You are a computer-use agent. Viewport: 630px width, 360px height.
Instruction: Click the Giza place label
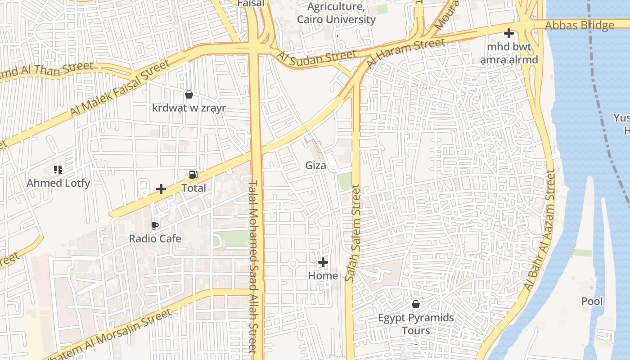[315, 165]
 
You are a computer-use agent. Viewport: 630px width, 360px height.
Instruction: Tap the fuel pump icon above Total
[193, 175]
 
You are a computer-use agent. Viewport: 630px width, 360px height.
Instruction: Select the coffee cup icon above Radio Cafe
[155, 225]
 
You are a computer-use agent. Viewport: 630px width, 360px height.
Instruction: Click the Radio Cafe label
[155, 238]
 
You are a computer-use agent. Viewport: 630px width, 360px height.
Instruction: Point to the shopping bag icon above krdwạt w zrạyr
[189, 94]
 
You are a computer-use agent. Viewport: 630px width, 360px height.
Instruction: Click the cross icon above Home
[323, 262]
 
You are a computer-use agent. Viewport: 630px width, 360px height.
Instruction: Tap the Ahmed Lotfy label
[58, 183]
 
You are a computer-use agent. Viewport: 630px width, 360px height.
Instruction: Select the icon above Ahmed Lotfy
[58, 170]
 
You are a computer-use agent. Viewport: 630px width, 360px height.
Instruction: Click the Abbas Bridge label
[579, 25]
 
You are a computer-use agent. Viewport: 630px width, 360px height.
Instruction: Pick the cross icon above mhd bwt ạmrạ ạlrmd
[508, 33]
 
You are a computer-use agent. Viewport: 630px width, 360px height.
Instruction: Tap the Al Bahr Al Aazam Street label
[540, 229]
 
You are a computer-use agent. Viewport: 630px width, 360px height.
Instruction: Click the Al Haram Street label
[405, 53]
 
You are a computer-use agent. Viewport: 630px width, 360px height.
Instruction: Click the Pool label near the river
[592, 301]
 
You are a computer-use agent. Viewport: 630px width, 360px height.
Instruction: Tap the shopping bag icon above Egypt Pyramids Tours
[416, 305]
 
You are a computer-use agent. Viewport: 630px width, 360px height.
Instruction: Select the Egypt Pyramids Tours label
[416, 324]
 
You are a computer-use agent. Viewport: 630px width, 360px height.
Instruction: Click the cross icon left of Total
[161, 189]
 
